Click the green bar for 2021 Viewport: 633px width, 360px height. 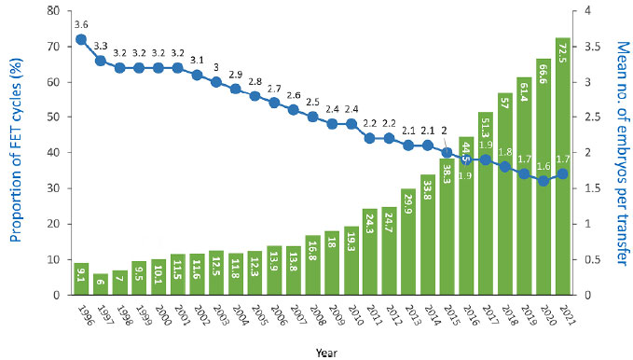pyautogui.click(x=563, y=166)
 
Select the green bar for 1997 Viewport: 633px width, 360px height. pyautogui.click(x=101, y=284)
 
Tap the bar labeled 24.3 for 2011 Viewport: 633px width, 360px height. pyautogui.click(x=370, y=252)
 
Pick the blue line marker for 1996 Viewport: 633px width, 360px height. pyautogui.click(x=81, y=39)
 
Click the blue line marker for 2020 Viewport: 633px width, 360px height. pyautogui.click(x=544, y=181)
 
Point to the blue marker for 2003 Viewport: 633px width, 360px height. pyautogui.click(x=216, y=82)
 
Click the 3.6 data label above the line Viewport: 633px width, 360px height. pyautogui.click(x=81, y=24)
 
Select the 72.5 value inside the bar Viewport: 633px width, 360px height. pyautogui.click(x=563, y=53)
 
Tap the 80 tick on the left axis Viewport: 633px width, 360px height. pyautogui.click(x=53, y=11)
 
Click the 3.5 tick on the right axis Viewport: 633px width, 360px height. pyautogui.click(x=591, y=47)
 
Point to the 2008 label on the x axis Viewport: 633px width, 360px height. pyautogui.click(x=317, y=315)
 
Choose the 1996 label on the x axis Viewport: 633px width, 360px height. pyautogui.click(x=85, y=315)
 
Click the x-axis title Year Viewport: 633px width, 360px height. pyautogui.click(x=325, y=353)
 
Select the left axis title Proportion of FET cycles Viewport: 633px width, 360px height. pyautogui.click(x=16, y=151)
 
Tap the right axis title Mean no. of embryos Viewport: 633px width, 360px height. pyautogui.click(x=624, y=153)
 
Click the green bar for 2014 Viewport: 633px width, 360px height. pyautogui.click(x=428, y=235)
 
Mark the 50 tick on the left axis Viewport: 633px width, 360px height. pyautogui.click(x=53, y=118)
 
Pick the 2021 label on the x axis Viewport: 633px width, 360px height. pyautogui.click(x=567, y=315)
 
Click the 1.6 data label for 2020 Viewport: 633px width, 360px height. pyautogui.click(x=544, y=166)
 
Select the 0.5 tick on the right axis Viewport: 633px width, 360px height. pyautogui.click(x=591, y=259)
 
